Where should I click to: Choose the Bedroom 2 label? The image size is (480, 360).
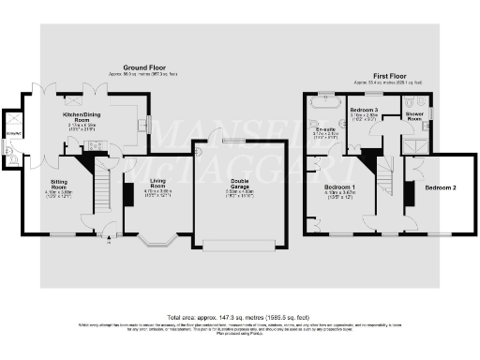pyautogui.click(x=440, y=187)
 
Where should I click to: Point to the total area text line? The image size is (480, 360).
pyautogui.click(x=239, y=317)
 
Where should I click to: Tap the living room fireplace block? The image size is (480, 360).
pyautogui.click(x=128, y=195)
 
